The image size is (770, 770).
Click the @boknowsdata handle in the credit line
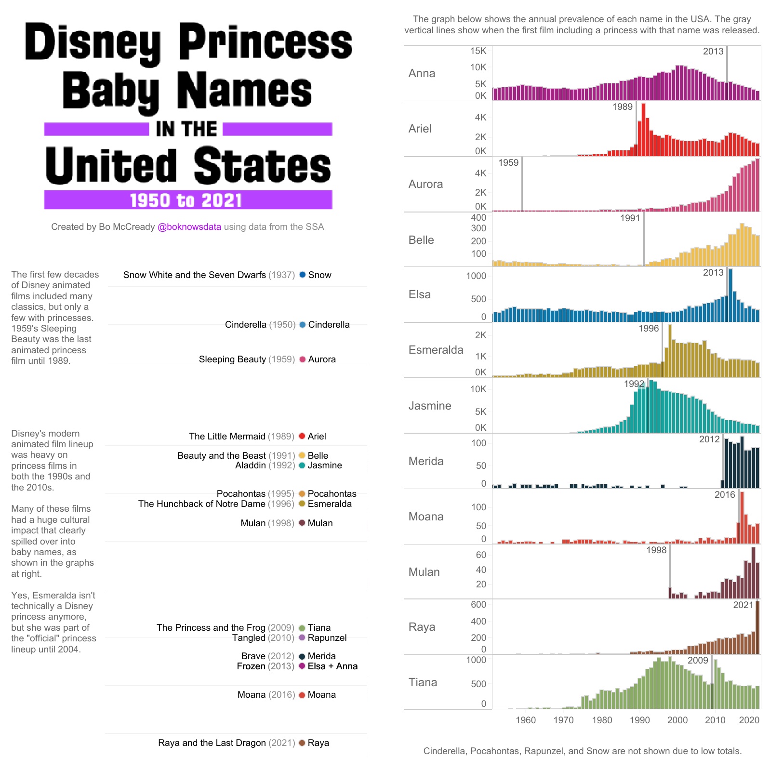(x=189, y=227)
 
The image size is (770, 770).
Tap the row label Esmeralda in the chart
(x=436, y=350)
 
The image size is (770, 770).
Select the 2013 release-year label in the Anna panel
(x=713, y=52)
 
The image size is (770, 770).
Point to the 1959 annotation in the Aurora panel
(x=508, y=163)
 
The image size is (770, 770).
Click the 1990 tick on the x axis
(x=639, y=720)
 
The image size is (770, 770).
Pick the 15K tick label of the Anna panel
(x=478, y=51)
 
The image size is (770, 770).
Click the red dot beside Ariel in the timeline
(x=302, y=436)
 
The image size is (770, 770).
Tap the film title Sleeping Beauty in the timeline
(x=232, y=359)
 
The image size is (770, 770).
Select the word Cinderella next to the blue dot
(x=329, y=325)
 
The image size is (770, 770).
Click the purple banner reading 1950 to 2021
(x=188, y=200)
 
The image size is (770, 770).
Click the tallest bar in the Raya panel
(x=757, y=627)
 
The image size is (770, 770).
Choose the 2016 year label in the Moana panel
(x=724, y=495)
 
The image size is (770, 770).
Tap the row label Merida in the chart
(x=425, y=461)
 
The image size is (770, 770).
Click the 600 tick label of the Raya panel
(x=478, y=605)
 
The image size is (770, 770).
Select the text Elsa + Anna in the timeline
(x=332, y=666)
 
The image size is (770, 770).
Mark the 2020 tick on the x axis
(x=749, y=720)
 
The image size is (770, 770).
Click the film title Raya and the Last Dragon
(x=212, y=743)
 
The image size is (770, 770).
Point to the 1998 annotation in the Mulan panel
(x=656, y=550)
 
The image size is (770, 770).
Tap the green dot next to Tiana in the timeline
(x=302, y=628)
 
